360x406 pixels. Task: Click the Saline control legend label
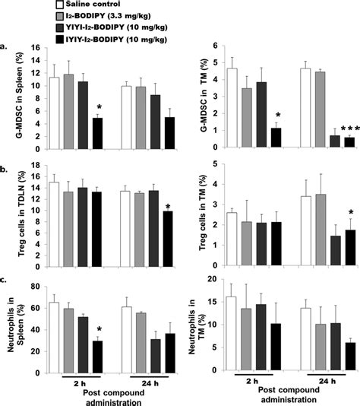pyautogui.click(x=83, y=6)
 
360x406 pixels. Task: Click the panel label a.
pyautogui.click(x=6, y=47)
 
